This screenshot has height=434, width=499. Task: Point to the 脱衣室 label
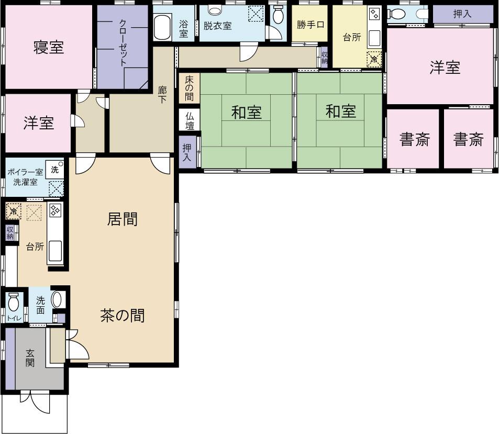point(218,25)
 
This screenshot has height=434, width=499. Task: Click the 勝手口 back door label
point(311,25)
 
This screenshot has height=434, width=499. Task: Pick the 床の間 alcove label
point(189,88)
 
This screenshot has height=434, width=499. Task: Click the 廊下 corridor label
point(162,94)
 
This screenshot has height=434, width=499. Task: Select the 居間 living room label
point(123,219)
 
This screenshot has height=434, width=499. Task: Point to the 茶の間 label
point(123,316)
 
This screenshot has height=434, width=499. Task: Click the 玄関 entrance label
point(30,357)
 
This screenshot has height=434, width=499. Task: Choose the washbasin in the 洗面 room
point(57,300)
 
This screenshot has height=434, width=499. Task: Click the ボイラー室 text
point(25,172)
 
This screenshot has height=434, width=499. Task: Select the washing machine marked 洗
point(54,169)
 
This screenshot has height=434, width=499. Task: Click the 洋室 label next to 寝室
point(39,123)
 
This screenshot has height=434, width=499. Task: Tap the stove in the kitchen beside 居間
point(54,210)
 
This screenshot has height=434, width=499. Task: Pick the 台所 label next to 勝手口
point(352,38)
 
